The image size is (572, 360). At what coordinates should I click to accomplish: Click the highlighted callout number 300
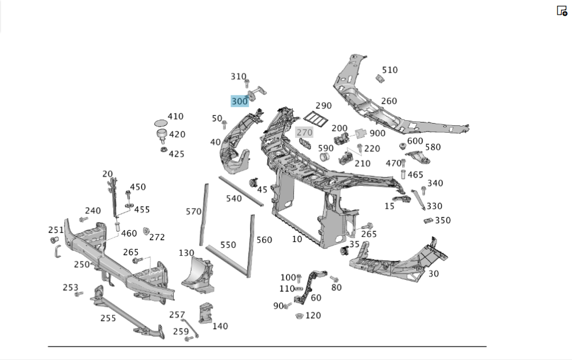[240, 101]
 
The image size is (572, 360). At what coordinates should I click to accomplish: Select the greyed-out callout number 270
[304, 132]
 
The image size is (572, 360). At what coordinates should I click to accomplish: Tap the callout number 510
[390, 70]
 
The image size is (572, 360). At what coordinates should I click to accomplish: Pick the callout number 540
[234, 199]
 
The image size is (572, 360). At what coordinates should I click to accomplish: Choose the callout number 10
[297, 239]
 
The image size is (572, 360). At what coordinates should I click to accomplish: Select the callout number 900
[378, 133]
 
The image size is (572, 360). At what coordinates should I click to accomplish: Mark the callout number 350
[443, 220]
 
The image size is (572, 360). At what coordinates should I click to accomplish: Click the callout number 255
[108, 318]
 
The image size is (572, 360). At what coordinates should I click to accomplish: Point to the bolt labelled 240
[84, 219]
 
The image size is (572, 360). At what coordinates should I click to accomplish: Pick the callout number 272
[157, 237]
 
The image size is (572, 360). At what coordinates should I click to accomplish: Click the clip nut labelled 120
[299, 316]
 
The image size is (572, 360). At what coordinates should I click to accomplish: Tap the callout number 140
[220, 326]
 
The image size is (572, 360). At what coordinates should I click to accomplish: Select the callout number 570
[194, 212]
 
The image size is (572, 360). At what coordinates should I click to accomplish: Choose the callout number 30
[434, 274]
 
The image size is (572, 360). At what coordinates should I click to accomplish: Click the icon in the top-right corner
[562, 10]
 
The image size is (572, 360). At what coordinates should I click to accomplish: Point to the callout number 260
[389, 101]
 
